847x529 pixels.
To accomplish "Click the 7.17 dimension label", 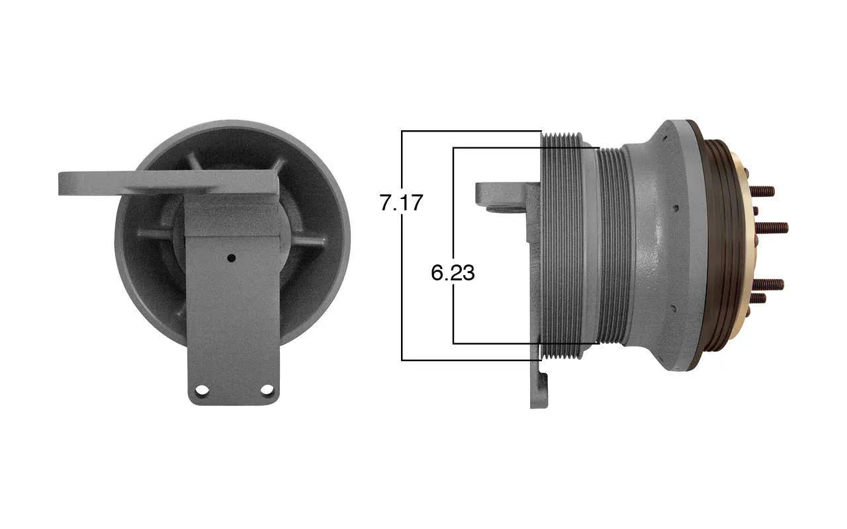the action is pyautogui.click(x=401, y=202).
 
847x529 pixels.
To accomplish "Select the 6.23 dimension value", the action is pyautogui.click(x=453, y=272).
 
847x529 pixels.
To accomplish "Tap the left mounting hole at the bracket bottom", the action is pyautogui.click(x=202, y=390).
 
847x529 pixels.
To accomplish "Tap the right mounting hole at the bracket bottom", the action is pyautogui.click(x=267, y=389).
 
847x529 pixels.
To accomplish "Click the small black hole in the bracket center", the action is pyautogui.click(x=232, y=259).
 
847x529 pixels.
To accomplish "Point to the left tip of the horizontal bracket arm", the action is pyautogui.click(x=59, y=184).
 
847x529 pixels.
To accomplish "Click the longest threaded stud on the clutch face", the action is pyautogui.click(x=772, y=228).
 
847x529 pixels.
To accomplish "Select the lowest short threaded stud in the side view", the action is pyautogui.click(x=758, y=298).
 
